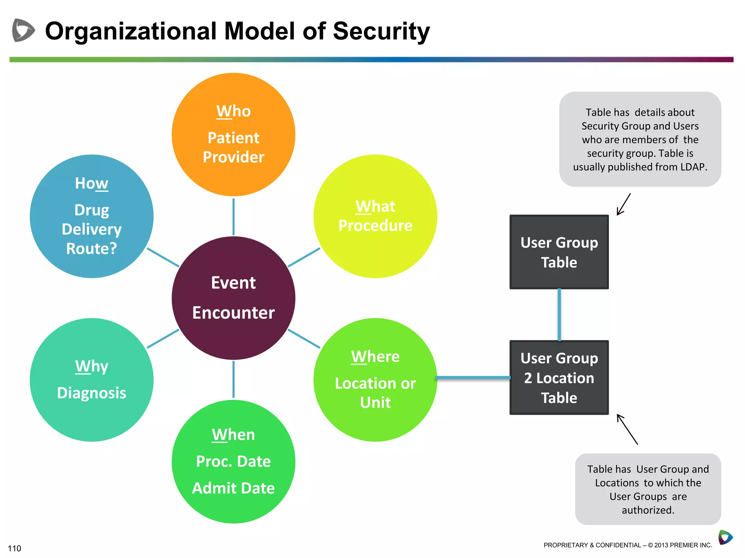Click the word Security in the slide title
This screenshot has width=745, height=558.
(381, 31)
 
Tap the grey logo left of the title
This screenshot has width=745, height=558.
(23, 30)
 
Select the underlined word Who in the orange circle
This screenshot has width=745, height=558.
(233, 111)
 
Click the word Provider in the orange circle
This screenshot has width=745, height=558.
(233, 157)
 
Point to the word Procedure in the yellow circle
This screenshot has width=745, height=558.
(375, 226)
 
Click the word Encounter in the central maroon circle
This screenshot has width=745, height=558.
(233, 313)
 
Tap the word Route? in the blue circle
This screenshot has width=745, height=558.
(91, 249)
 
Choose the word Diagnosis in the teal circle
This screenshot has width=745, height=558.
(91, 393)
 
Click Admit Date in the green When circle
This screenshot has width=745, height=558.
(233, 488)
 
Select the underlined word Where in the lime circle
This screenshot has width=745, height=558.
(375, 357)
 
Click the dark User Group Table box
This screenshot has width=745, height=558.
(559, 252)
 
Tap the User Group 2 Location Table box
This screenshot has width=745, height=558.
(559, 378)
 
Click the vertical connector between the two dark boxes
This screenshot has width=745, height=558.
(559, 315)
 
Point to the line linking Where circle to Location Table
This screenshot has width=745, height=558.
(473, 378)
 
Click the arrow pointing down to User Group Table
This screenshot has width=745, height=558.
(624, 205)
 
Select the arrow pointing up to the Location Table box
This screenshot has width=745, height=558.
(627, 429)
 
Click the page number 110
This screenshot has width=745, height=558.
(15, 548)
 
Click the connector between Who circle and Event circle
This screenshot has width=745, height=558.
(233, 217)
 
